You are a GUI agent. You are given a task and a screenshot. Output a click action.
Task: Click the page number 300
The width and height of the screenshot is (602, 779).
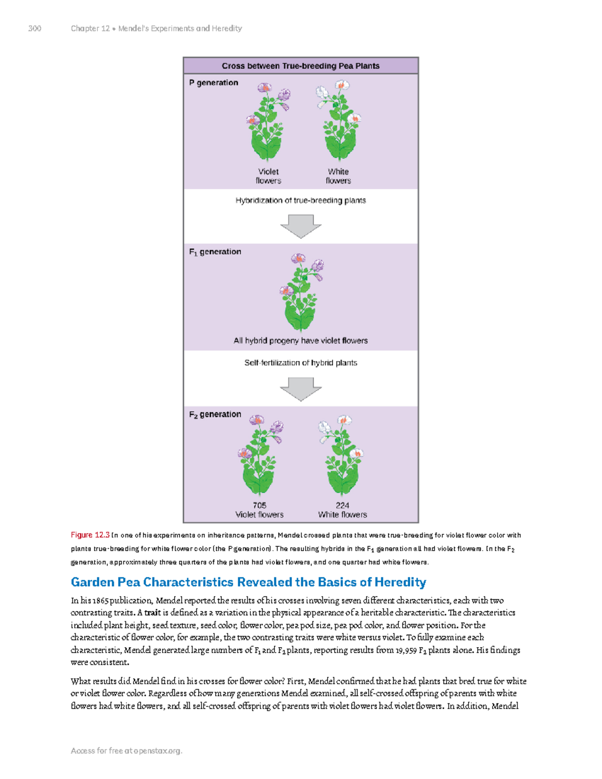tap(35, 29)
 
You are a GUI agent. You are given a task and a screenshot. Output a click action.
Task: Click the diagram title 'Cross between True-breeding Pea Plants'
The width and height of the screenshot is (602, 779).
tap(300, 66)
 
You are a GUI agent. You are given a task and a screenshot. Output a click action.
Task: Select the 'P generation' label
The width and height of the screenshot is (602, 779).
tap(214, 83)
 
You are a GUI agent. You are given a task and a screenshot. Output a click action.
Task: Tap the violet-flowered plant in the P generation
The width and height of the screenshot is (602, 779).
tap(267, 123)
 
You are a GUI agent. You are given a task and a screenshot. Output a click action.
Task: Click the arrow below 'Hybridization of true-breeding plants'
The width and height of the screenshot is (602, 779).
tap(301, 226)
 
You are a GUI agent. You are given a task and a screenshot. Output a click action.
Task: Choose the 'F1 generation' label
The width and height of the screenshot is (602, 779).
tap(215, 252)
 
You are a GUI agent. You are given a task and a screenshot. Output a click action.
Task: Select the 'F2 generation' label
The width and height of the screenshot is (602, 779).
tap(215, 415)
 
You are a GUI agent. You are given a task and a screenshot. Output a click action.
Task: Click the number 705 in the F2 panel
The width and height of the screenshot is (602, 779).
tap(259, 505)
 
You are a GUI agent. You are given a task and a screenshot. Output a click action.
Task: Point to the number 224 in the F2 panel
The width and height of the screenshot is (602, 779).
tap(343, 505)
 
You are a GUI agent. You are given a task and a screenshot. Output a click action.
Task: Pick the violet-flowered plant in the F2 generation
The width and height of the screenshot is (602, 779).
tap(259, 456)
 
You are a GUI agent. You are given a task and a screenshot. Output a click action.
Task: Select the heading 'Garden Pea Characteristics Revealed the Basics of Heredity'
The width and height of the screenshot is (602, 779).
tap(248, 582)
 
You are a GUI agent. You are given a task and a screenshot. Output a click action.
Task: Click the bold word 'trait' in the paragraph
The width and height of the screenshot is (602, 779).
tap(153, 613)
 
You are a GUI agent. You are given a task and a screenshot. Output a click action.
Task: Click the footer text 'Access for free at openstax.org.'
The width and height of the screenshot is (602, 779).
tap(126, 751)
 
